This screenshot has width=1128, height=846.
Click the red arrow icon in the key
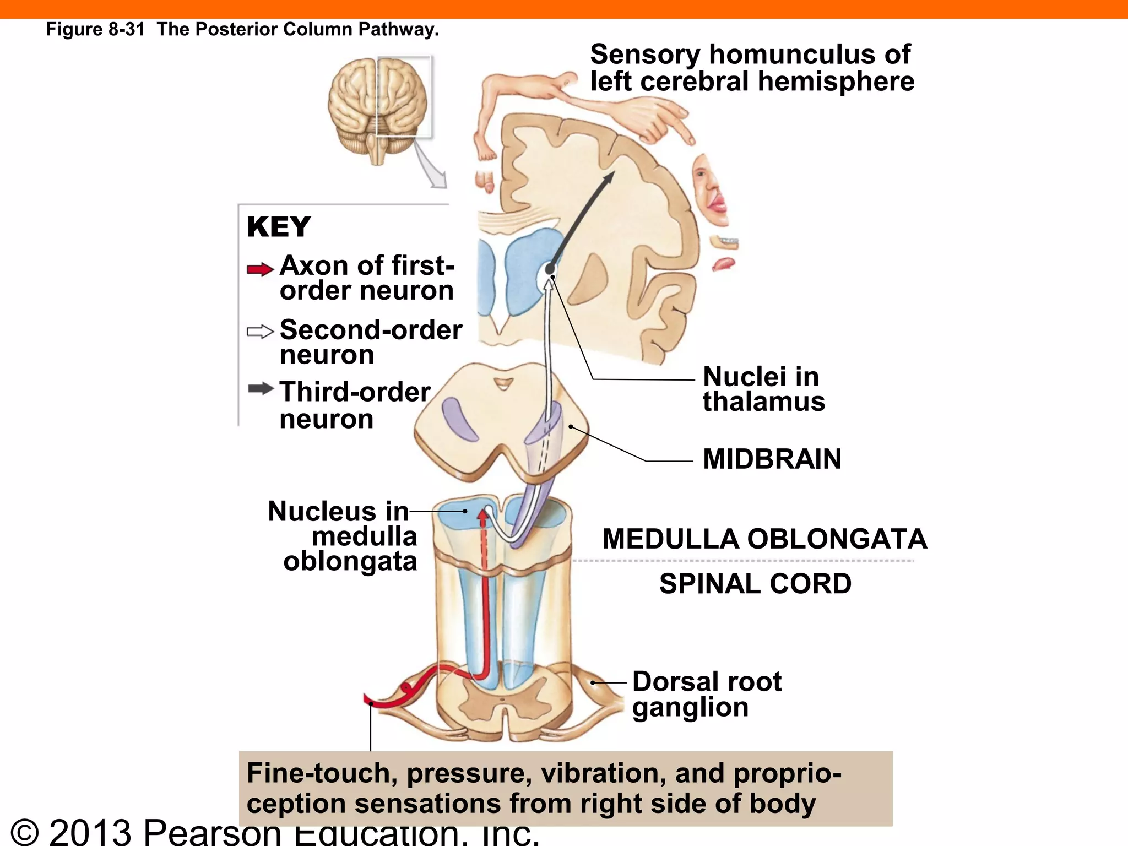[x=260, y=269]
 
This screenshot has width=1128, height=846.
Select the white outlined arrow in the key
[x=260, y=332]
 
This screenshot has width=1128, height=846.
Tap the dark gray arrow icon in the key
[x=260, y=389]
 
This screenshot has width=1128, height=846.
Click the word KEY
[x=279, y=227]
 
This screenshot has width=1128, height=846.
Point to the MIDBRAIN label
[x=772, y=459]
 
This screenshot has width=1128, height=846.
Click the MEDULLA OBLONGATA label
[x=764, y=539]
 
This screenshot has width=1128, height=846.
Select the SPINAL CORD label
[x=755, y=584]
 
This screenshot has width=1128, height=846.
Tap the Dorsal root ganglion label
[x=707, y=694]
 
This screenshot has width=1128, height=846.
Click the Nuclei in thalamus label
[x=763, y=389]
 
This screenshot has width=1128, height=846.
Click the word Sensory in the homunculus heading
[x=645, y=55]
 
